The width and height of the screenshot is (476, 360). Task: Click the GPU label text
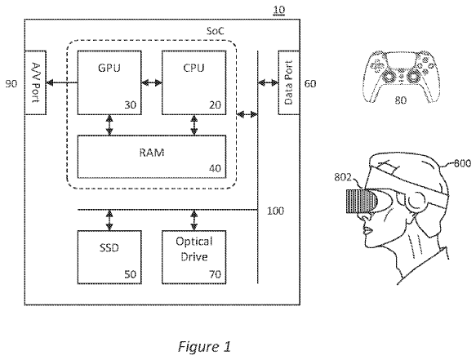tap(109, 68)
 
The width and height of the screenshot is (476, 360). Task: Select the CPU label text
tap(194, 68)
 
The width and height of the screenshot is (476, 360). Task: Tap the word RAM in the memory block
tap(152, 152)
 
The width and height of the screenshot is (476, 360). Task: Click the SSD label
tap(109, 248)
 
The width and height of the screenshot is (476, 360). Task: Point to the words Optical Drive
tap(194, 249)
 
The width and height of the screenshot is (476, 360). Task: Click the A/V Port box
tap(36, 82)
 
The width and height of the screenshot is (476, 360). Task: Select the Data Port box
tap(289, 82)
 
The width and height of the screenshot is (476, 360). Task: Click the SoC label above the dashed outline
tap(216, 31)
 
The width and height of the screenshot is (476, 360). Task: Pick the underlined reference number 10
tap(279, 11)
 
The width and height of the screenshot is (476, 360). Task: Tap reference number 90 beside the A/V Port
tap(11, 84)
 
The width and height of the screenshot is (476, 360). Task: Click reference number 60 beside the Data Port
tap(310, 84)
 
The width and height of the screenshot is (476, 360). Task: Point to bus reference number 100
tap(275, 211)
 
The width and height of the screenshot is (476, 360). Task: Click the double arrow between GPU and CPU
tap(152, 82)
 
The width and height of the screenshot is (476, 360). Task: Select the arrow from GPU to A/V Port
tap(62, 82)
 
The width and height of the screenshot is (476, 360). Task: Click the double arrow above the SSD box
tap(109, 220)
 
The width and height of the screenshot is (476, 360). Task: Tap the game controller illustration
tap(400, 77)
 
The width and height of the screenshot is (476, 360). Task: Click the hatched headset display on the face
tap(361, 201)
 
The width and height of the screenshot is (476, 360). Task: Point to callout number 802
tap(343, 177)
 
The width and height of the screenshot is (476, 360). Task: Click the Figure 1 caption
tap(204, 346)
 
